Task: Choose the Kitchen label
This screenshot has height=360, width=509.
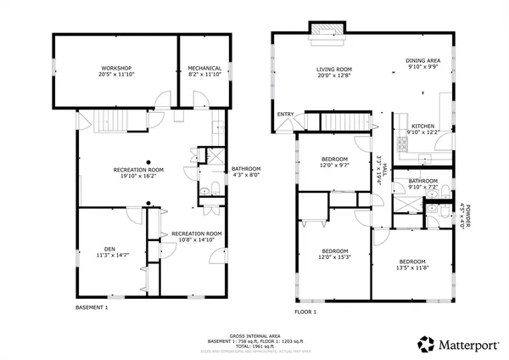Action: (423, 128)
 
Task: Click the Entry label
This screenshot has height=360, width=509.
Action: (285, 115)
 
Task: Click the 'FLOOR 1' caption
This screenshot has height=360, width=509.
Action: (305, 312)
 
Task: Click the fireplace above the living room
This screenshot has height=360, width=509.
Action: (327, 31)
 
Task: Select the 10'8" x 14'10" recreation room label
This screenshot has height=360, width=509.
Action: (197, 237)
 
